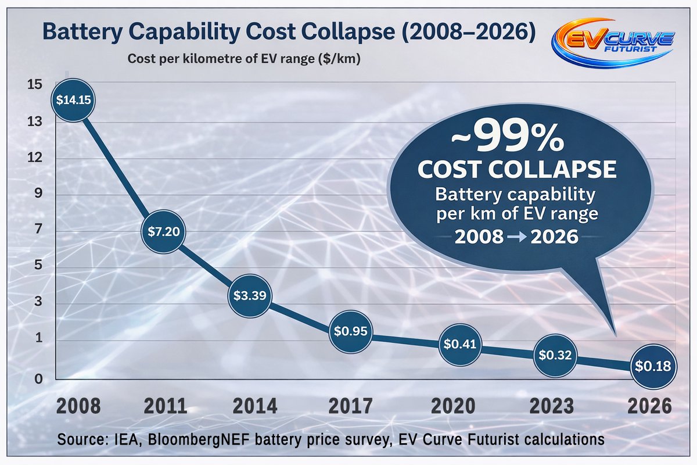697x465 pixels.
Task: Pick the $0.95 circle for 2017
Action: click(350, 331)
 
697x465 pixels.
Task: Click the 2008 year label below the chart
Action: click(78, 406)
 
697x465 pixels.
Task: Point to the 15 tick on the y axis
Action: click(34, 84)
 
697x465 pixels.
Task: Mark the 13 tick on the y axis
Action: click(34, 122)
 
